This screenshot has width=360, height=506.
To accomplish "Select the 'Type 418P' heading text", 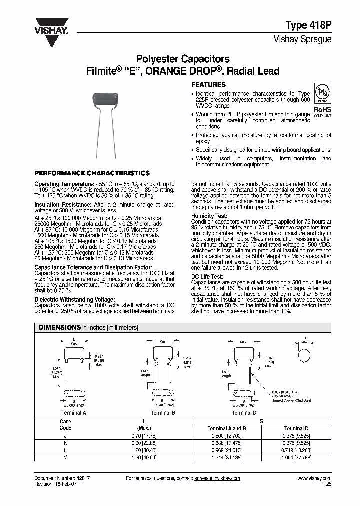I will [308, 25].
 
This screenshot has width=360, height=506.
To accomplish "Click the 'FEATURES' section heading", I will [208, 85].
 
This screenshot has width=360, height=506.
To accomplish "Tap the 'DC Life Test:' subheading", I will [207, 276].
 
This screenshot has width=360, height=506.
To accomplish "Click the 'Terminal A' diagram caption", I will [73, 413].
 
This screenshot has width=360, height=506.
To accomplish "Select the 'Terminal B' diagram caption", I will [163, 413].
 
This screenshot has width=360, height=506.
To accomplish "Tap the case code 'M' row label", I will [65, 456].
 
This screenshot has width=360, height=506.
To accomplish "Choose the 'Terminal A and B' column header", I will [226, 428].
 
